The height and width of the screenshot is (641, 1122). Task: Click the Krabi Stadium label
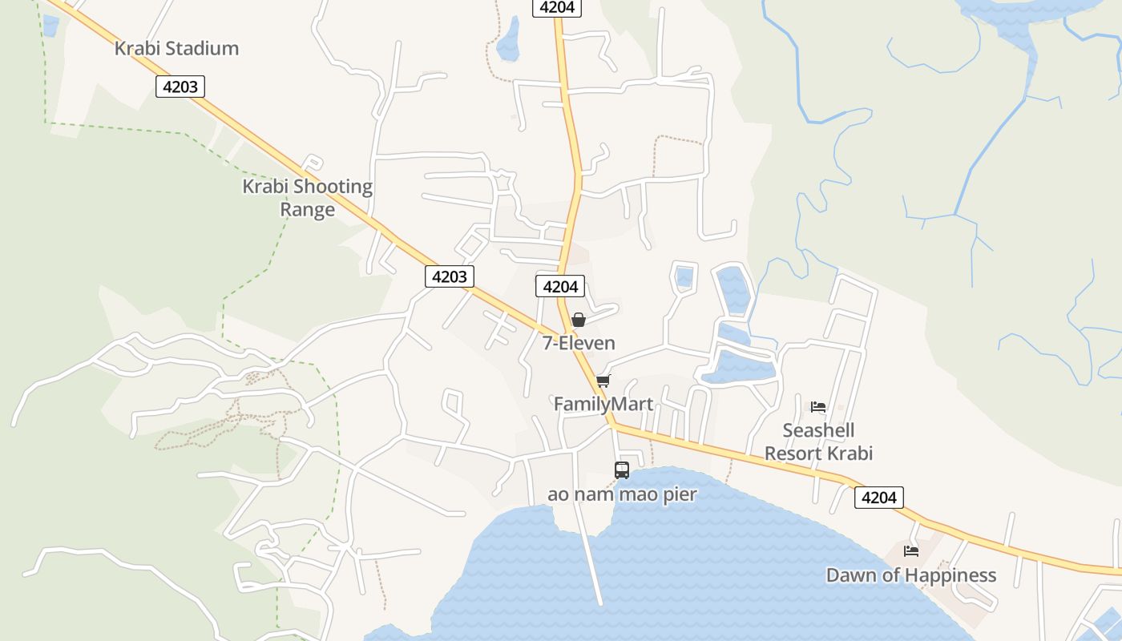click(x=176, y=48)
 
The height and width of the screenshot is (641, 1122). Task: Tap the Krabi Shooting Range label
click(x=308, y=198)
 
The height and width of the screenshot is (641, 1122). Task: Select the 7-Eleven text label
click(x=579, y=343)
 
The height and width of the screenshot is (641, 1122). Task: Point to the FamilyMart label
click(x=603, y=404)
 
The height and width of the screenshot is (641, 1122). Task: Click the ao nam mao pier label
click(x=622, y=494)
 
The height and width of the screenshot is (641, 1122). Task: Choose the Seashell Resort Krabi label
click(x=818, y=441)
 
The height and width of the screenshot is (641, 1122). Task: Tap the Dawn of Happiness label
click(x=911, y=575)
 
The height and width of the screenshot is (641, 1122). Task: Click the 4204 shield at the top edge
click(x=557, y=7)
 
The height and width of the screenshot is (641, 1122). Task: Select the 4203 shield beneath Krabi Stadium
click(x=180, y=86)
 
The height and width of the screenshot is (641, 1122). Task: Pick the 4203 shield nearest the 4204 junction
click(x=449, y=276)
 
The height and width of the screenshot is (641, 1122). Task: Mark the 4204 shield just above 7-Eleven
click(x=560, y=286)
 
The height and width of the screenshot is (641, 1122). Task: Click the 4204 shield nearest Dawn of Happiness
click(x=878, y=498)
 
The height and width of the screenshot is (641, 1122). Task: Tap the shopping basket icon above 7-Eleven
click(x=578, y=320)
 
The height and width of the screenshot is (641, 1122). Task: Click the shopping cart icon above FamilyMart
click(x=603, y=381)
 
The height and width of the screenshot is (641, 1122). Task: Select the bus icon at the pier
click(x=622, y=470)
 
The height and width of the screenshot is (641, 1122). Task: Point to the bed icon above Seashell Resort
click(x=817, y=407)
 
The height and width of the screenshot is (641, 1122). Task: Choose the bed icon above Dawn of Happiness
click(x=911, y=550)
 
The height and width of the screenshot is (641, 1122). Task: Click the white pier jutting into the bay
click(x=591, y=561)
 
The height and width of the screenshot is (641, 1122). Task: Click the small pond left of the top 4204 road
click(x=508, y=40)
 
